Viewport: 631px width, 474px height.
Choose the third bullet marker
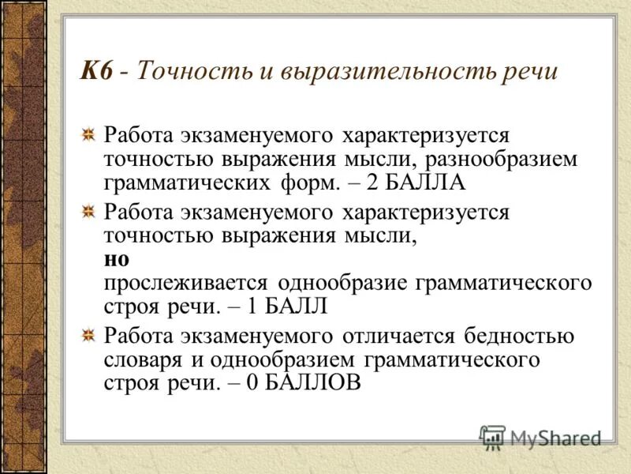[91, 335]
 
